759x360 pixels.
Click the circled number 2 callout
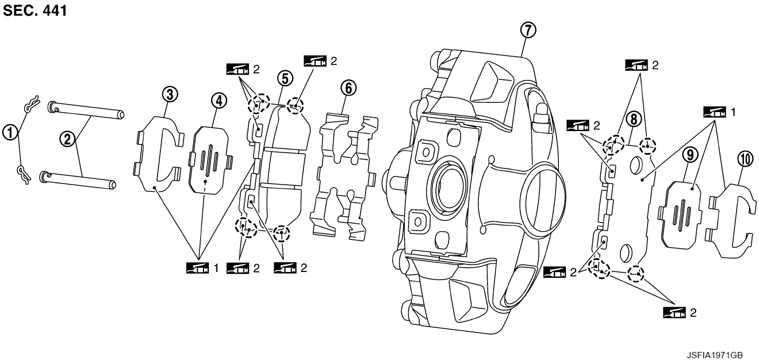(68, 139)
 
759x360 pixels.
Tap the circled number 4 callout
(218, 101)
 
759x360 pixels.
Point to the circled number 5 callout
(284, 78)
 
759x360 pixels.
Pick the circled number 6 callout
(348, 88)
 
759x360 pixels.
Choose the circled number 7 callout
(527, 30)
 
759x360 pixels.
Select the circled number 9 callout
(690, 154)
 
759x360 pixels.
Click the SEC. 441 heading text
(35, 11)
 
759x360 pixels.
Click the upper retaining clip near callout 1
(31, 104)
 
